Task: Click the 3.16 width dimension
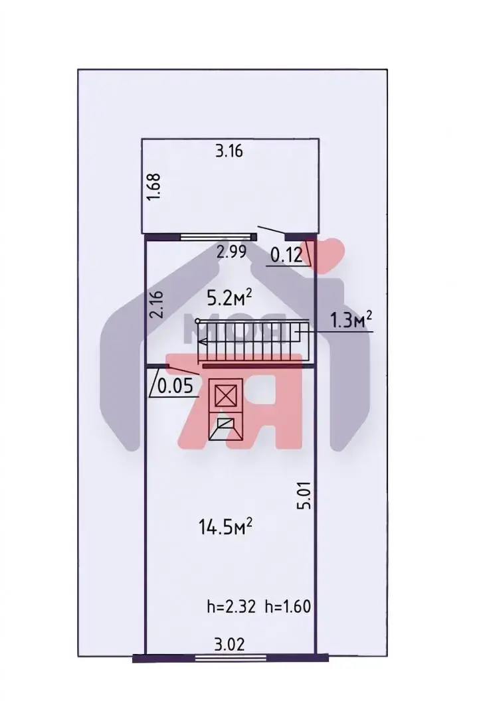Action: pyautogui.click(x=229, y=151)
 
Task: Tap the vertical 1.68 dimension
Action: pyautogui.click(x=155, y=186)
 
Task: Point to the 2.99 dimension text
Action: pyautogui.click(x=232, y=252)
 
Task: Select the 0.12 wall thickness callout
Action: pyautogui.click(x=286, y=255)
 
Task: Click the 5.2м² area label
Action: pyautogui.click(x=230, y=298)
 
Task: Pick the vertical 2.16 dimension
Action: pyautogui.click(x=156, y=305)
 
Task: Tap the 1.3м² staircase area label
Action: pyautogui.click(x=351, y=320)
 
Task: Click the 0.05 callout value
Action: pyautogui.click(x=176, y=387)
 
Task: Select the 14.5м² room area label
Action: pyautogui.click(x=226, y=526)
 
